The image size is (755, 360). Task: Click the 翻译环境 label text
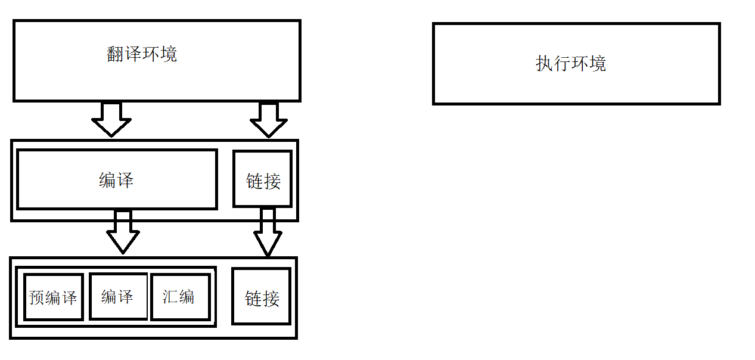(x=142, y=55)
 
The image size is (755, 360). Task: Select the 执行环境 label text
(x=571, y=64)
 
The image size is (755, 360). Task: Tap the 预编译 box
(x=53, y=297)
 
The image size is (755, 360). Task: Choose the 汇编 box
(x=179, y=296)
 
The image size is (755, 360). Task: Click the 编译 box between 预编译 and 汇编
(x=117, y=296)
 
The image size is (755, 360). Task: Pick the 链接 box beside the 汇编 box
(x=262, y=297)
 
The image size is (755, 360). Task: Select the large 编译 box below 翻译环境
(x=116, y=180)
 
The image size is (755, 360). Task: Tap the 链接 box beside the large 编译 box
(x=263, y=179)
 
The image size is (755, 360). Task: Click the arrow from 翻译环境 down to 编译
(x=111, y=119)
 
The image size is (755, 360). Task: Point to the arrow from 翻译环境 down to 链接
(x=269, y=120)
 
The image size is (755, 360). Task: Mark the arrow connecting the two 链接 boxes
(x=268, y=232)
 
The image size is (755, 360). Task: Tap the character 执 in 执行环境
(x=544, y=64)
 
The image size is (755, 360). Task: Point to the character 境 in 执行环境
(x=598, y=64)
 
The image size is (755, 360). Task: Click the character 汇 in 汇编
(x=171, y=296)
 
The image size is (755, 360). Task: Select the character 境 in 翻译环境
(x=169, y=55)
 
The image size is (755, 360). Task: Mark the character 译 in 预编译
(x=70, y=297)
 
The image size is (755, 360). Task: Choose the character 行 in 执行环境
(x=562, y=64)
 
